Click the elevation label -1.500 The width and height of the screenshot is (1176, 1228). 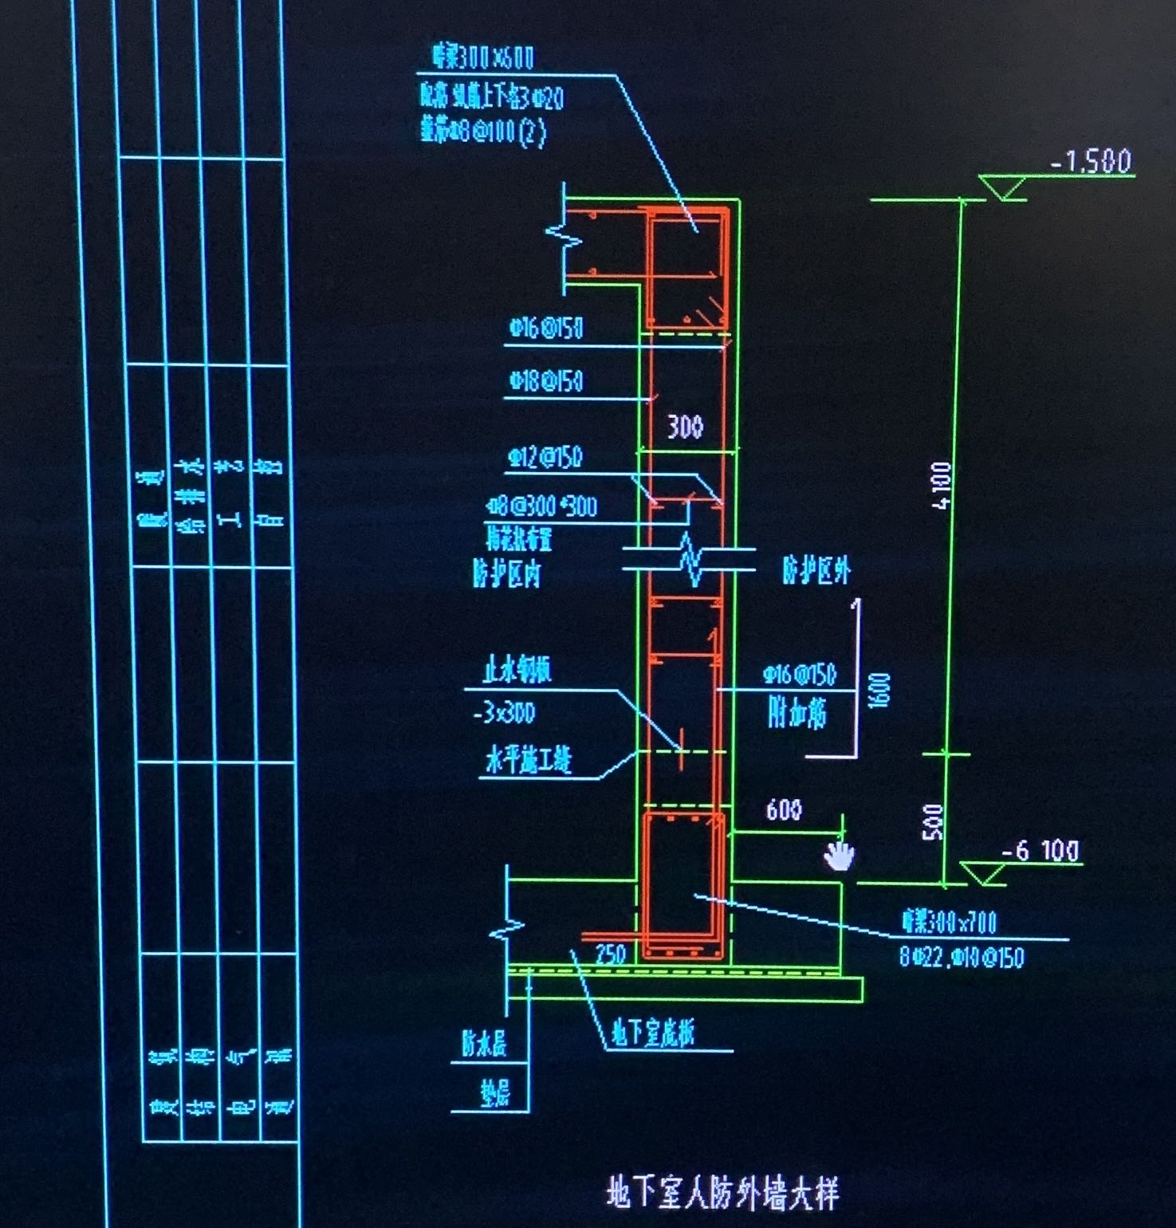1091,162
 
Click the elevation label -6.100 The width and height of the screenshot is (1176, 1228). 1040,851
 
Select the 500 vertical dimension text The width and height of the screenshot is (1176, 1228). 933,821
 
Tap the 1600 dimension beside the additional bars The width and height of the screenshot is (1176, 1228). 879,691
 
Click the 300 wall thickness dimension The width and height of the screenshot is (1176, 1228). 685,427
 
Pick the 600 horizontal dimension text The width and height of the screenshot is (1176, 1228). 783,811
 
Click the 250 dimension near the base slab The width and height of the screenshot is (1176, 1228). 610,954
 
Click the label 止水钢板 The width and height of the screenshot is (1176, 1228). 517,671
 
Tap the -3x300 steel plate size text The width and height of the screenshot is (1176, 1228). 505,712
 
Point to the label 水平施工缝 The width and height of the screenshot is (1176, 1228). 529,761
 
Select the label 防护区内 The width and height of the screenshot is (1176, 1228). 507,573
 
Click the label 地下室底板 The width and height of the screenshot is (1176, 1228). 652,1033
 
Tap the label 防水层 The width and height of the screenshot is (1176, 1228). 484,1044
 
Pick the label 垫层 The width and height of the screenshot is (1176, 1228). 494,1093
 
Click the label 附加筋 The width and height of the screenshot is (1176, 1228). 797,712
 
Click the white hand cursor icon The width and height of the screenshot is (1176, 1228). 838,855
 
